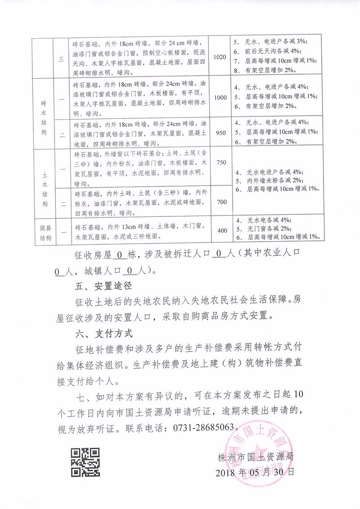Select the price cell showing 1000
pos(220,98)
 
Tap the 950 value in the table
pos(220,133)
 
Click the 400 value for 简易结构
pos(222,230)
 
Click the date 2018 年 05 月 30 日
pos(256,473)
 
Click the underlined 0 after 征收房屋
pos(119,255)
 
